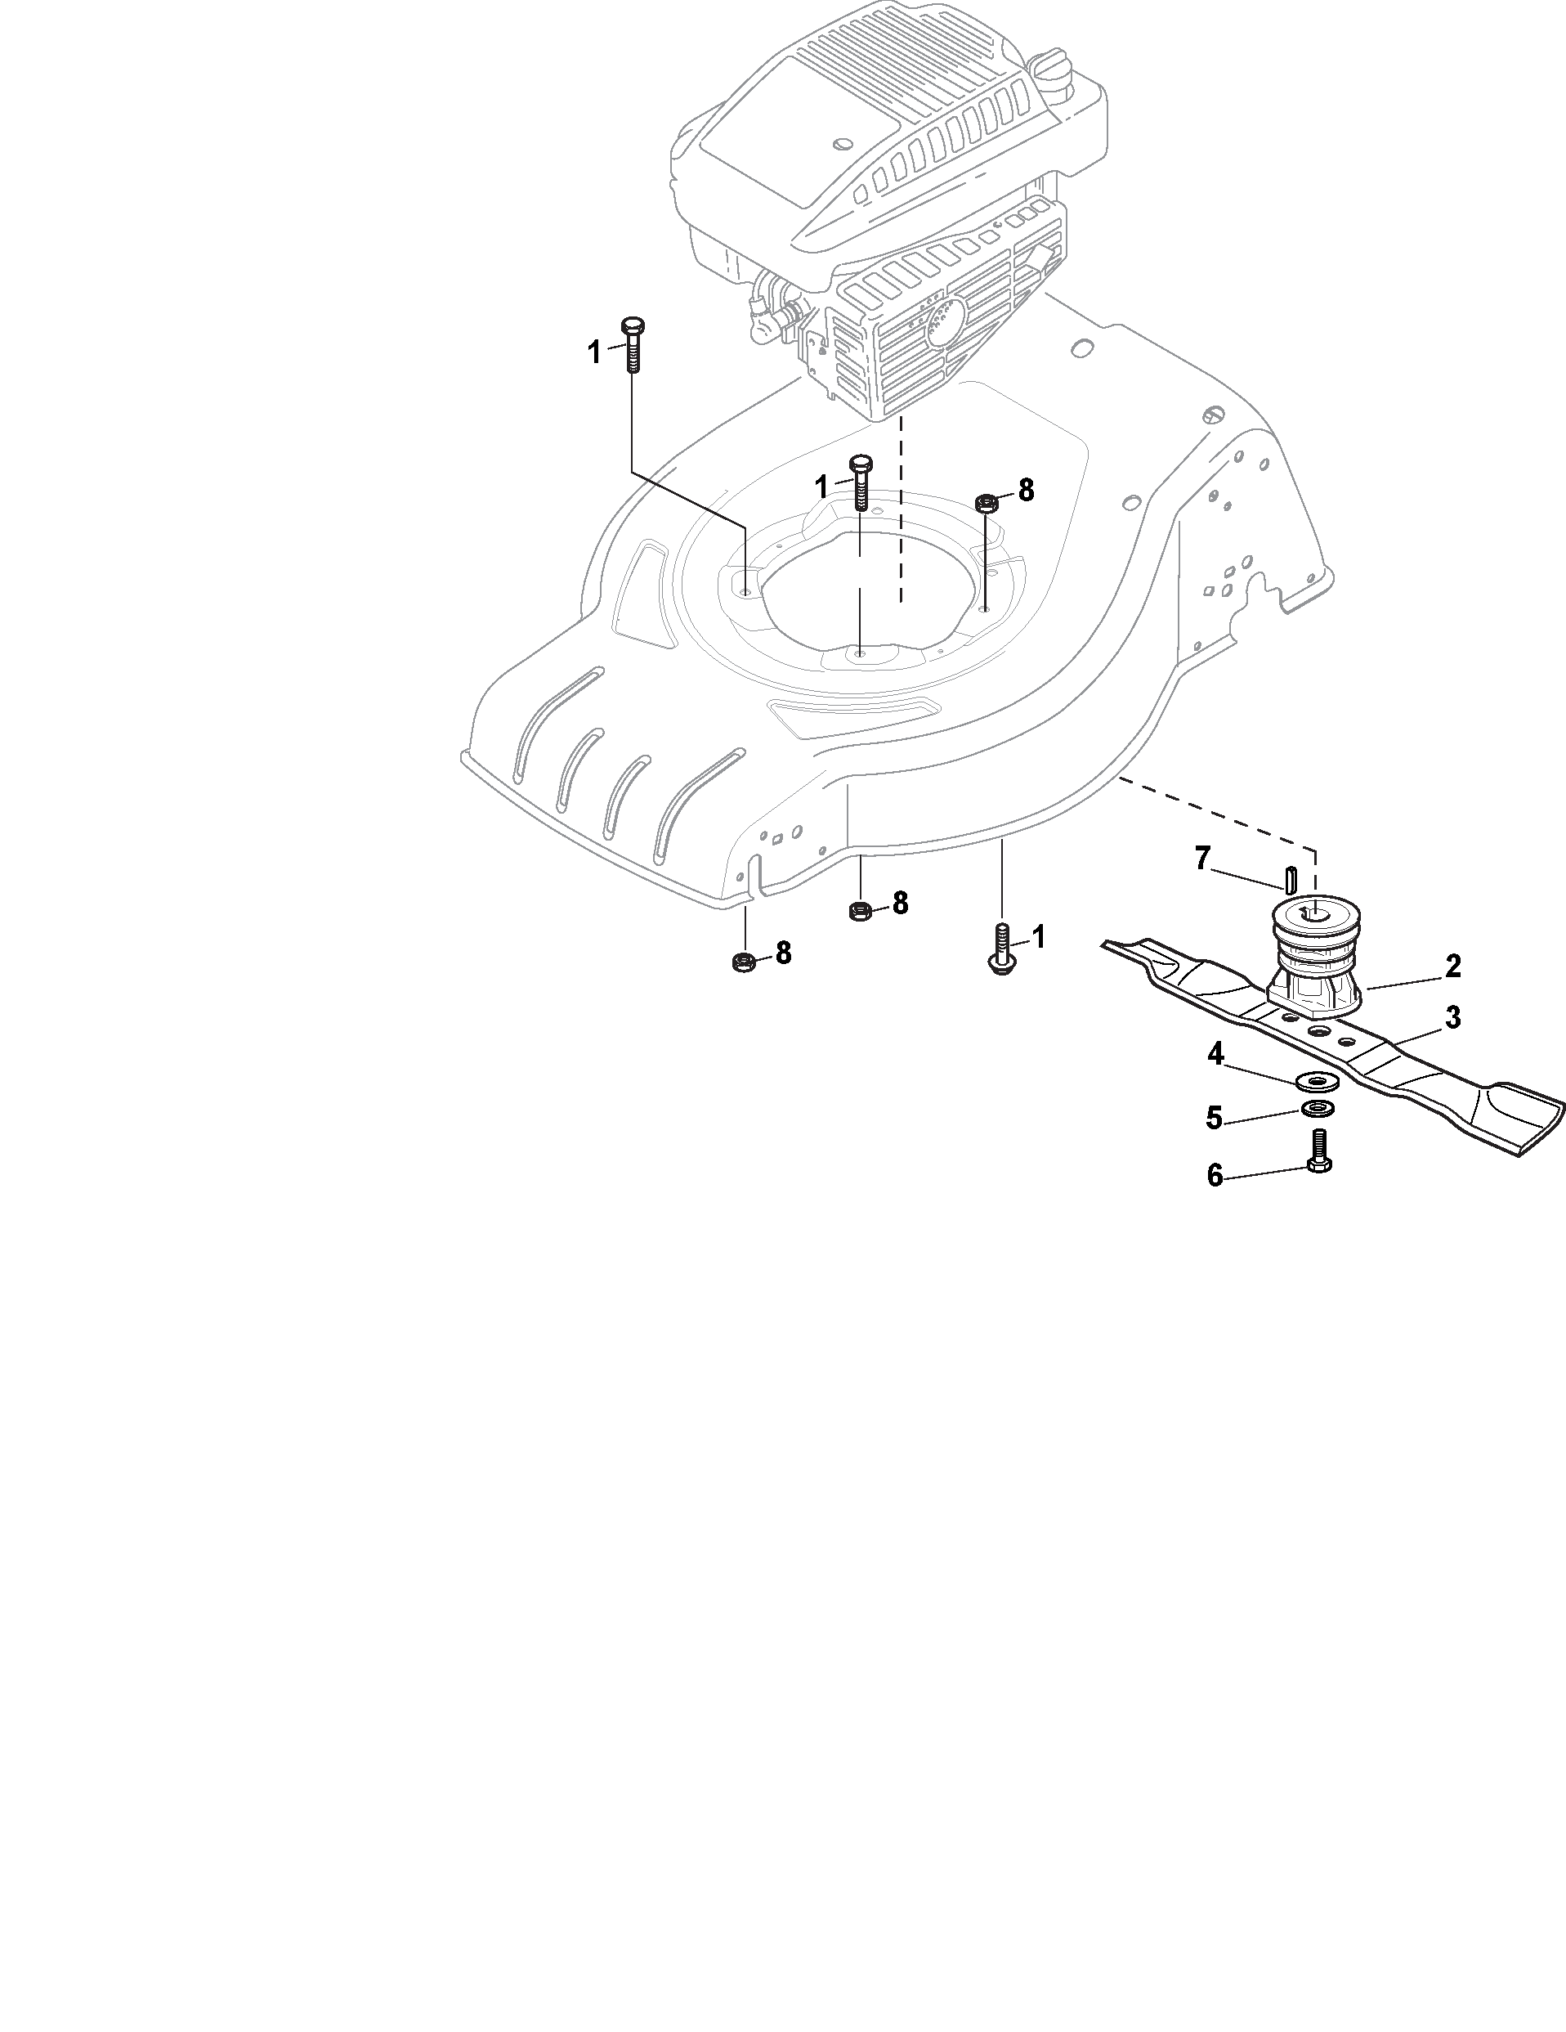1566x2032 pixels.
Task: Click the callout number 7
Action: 1202,859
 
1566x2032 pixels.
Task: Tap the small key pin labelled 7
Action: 1291,877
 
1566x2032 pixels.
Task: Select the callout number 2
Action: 1452,966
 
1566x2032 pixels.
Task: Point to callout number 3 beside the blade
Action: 1452,1017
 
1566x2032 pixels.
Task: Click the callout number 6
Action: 1215,1176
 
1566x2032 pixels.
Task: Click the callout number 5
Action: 1215,1119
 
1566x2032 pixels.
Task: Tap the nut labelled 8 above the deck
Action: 986,504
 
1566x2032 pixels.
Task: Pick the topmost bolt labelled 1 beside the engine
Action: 633,344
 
